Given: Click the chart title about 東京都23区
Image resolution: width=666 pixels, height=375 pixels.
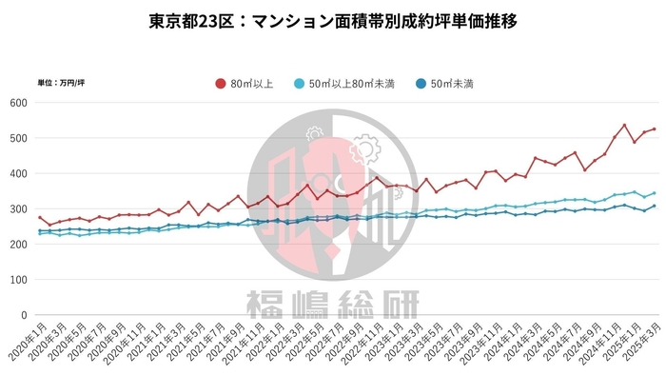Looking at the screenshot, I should pos(333,21).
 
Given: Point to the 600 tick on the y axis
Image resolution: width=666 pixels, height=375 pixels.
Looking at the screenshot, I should pos(19,103).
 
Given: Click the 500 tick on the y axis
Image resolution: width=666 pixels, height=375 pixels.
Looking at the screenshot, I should pos(19,138).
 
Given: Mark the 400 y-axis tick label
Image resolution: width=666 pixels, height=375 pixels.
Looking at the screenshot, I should pos(19,173).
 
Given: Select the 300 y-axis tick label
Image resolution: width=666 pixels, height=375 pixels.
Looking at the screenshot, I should pos(19,208).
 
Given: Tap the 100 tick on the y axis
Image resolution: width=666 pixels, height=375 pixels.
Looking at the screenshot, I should pos(19,279).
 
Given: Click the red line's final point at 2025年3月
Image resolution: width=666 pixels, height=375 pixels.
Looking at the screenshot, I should pos(654,129).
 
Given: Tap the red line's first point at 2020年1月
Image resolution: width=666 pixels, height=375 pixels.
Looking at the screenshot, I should pos(40,217).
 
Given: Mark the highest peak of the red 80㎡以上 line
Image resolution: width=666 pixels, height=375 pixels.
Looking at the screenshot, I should pos(624,125).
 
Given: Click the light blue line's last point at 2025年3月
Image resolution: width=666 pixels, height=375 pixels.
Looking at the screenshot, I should pos(654,193).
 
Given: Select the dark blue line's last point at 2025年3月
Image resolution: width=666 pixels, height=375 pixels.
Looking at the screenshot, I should pos(654,206).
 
